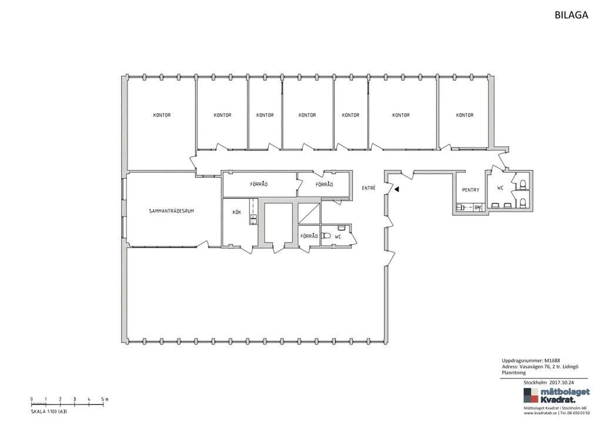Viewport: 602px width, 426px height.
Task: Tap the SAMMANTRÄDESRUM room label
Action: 171,211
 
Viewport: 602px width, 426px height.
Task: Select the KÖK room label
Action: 237,212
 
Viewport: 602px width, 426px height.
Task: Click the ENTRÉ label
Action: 369,188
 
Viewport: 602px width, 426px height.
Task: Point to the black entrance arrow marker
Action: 397,189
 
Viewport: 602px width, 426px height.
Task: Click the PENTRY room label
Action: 471,190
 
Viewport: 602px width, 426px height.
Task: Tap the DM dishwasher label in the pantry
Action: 477,208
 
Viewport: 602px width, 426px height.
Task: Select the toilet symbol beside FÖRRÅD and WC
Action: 326,235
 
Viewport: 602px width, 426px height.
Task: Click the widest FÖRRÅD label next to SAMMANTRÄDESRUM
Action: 259,184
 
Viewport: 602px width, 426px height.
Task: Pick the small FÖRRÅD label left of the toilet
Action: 309,236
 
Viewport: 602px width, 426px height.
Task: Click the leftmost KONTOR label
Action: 162,115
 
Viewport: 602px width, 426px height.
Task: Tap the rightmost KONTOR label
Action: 464,115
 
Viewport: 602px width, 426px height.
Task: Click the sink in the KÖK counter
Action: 253,219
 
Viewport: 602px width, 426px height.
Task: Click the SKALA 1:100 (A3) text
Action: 49,411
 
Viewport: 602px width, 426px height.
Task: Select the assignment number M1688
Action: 552,361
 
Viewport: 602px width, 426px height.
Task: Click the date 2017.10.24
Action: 561,382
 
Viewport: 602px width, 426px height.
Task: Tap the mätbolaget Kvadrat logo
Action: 556,395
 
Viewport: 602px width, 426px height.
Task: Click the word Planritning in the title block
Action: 514,372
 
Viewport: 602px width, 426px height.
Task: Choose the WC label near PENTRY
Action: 500,188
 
